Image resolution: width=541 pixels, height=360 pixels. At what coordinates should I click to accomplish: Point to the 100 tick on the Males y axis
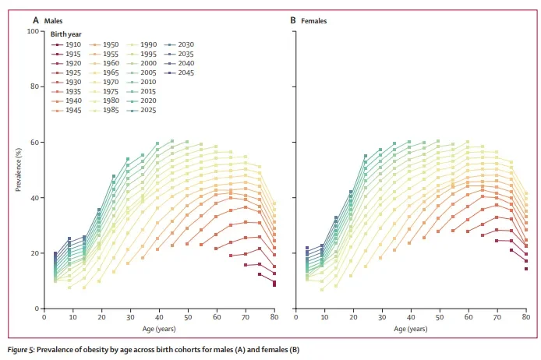(x=33, y=31)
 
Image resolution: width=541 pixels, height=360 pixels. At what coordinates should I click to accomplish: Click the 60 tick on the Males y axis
(x=34, y=143)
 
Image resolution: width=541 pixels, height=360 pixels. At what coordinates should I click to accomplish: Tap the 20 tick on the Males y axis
(x=34, y=253)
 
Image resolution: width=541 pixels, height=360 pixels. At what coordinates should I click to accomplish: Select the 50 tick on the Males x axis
(x=187, y=318)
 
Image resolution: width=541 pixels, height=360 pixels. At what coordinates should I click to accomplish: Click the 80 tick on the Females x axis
(x=525, y=318)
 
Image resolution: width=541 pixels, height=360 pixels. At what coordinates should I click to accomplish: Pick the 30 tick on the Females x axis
(x=380, y=318)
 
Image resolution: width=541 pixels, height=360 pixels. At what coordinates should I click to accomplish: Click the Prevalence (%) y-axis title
(x=19, y=170)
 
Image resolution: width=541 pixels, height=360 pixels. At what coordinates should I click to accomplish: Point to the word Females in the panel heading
(x=314, y=20)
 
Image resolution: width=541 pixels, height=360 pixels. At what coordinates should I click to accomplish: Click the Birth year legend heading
(x=68, y=35)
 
